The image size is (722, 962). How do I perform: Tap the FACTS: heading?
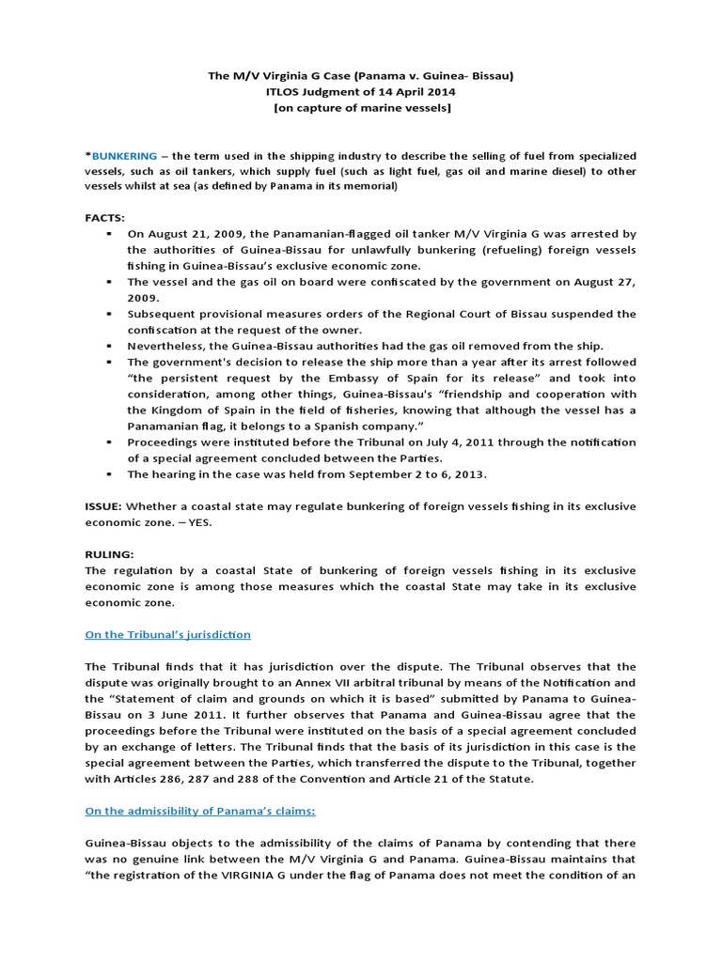click(x=105, y=216)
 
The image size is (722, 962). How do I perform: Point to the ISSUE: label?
click(x=103, y=506)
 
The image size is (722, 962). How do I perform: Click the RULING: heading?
click(x=110, y=554)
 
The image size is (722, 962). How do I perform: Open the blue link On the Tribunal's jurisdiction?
click(x=167, y=634)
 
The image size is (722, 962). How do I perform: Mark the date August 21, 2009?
click(x=200, y=232)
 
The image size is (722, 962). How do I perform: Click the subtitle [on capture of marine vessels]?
click(x=360, y=108)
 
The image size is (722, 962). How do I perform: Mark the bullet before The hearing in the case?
click(x=110, y=474)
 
